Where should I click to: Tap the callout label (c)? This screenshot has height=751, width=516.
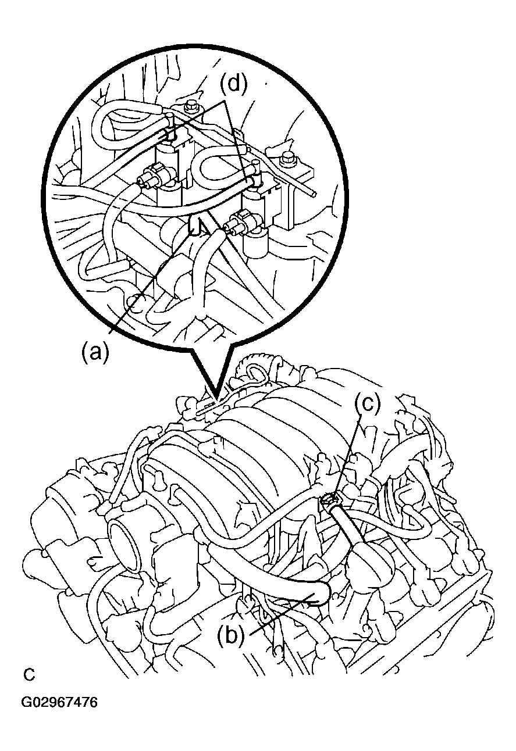(x=368, y=403)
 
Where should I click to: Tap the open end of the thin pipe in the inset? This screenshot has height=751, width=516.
(x=314, y=194)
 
